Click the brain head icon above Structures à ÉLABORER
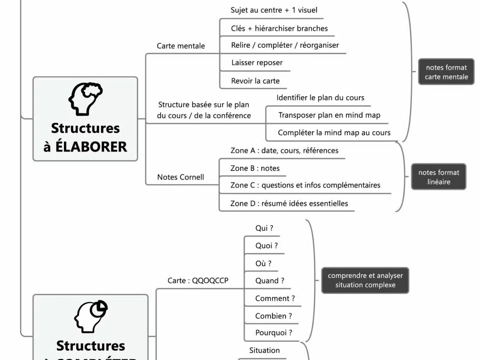[86, 98]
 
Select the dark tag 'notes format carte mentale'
[446, 72]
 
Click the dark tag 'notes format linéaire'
[438, 177]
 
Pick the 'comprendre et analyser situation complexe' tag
[365, 280]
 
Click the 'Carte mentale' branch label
[181, 46]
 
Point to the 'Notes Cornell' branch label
[180, 177]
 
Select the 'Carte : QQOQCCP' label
[198, 281]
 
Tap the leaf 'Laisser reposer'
[257, 63]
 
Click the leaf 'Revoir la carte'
[255, 81]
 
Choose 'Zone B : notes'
[255, 168]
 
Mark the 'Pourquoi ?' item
[274, 333]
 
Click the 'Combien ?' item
[274, 316]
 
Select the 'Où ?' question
[263, 264]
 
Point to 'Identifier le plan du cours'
[320, 98]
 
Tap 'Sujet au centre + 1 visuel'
[274, 10]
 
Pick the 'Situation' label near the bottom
[264, 350]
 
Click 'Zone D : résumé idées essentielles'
[289, 204]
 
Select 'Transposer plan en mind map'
[329, 115]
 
